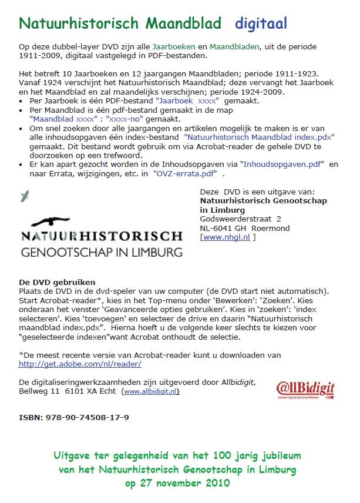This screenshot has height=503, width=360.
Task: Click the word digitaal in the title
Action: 261,24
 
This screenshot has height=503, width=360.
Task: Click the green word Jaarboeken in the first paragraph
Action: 171,46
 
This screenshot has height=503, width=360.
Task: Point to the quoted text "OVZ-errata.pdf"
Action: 185,173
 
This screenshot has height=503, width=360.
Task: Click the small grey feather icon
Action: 24,196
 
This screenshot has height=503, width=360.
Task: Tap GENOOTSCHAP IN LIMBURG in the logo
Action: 102,253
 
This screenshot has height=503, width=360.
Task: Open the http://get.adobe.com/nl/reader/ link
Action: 80,364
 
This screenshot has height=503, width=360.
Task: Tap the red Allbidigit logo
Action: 305,389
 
